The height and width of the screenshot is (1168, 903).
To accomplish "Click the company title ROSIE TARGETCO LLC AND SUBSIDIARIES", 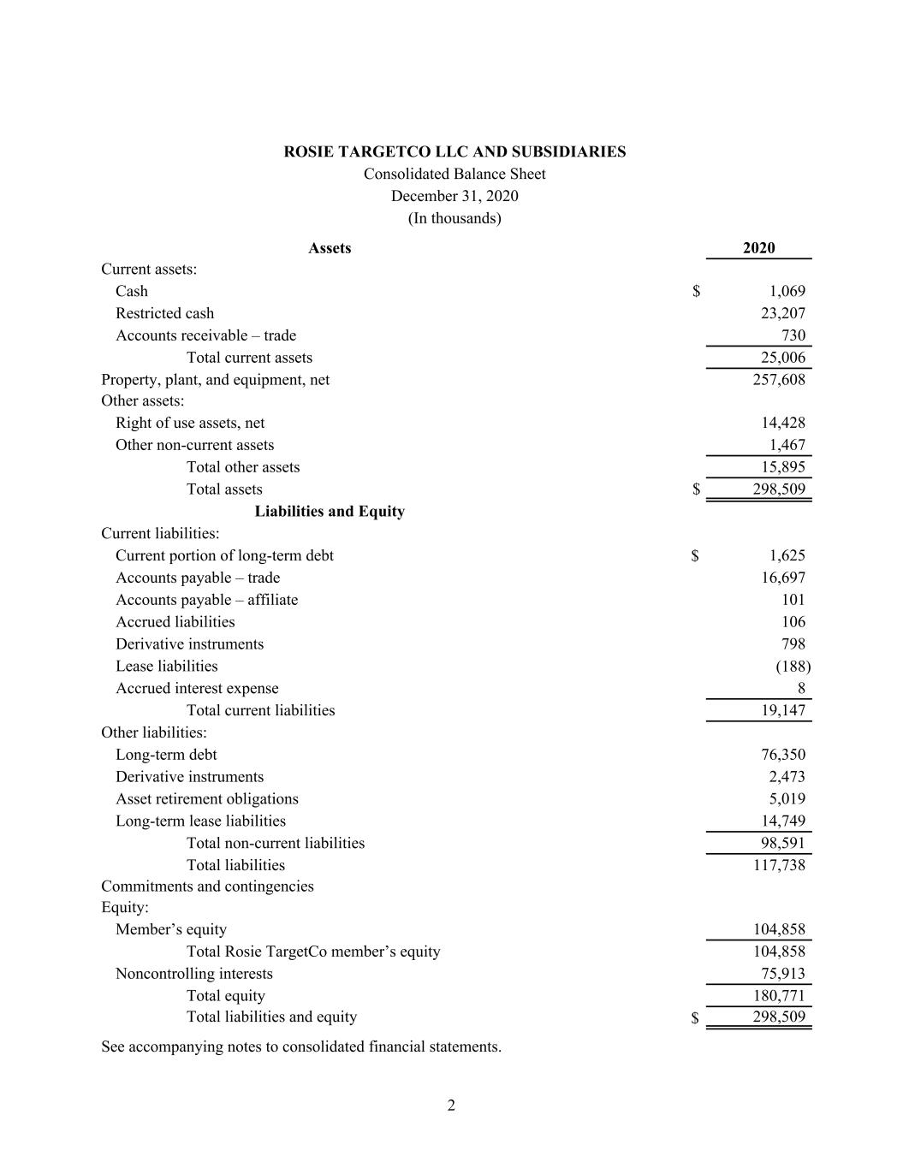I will pos(454,151).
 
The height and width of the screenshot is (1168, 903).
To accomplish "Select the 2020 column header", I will pos(758,248).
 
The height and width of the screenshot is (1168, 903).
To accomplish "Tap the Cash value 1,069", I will pos(787,291).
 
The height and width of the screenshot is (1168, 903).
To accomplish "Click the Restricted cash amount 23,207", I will pos(782,313).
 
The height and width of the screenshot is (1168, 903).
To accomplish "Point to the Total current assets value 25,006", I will pos(782,358).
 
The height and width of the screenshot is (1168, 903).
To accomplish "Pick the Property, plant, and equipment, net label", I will pos(215,379).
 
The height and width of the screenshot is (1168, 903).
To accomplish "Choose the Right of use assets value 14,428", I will pos(782,423).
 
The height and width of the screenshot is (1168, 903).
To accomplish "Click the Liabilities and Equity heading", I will pos(330,511).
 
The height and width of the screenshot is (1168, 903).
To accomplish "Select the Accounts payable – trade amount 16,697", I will pos(782,578).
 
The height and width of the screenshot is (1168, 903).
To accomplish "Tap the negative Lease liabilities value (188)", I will pos(793,666).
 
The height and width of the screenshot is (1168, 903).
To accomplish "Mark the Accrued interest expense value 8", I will pos(800,688).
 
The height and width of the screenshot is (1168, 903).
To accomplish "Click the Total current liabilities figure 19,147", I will pos(782,710).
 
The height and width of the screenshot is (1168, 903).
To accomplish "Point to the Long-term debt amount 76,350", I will pos(782,755).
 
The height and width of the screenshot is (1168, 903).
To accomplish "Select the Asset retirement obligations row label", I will pos(207,798).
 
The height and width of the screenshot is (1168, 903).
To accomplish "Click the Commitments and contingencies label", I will pos(207,886).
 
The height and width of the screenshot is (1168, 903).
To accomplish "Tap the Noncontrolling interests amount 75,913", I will pos(782,973).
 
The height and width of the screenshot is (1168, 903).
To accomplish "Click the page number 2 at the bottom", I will pos(451,1106).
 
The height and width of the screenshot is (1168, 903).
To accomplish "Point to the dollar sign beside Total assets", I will pos(696,489).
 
